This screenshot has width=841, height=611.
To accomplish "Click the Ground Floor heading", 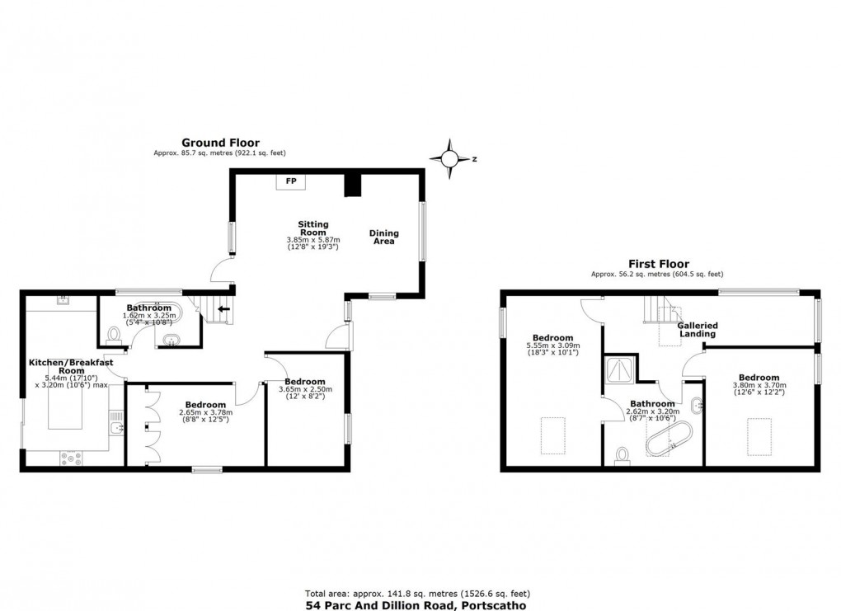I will [220, 142].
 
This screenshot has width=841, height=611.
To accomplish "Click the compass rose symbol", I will [452, 158].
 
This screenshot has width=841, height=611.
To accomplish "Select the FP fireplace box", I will [290, 181].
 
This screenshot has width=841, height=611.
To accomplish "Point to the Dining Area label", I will [383, 237].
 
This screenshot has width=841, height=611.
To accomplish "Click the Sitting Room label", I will [313, 228].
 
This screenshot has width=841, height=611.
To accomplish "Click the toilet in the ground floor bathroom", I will [114, 333].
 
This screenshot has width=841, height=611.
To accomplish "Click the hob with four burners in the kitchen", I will [69, 457].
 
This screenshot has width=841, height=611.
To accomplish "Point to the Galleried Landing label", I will [698, 330].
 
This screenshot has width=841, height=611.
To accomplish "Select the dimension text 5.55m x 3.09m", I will [552, 345].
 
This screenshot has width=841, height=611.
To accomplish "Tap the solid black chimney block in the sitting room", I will [353, 185].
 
